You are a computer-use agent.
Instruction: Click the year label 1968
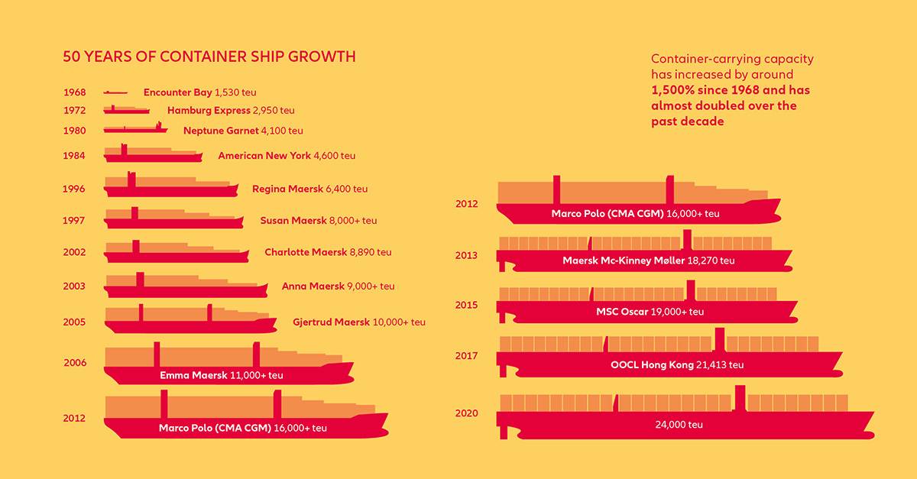coord(75,92)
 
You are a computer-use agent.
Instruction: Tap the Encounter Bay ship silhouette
coord(115,92)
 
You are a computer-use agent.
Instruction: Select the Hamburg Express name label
coord(209,111)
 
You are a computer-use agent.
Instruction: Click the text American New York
coord(264,156)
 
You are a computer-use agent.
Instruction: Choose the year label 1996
coord(75,189)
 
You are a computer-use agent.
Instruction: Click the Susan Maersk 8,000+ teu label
coord(319,221)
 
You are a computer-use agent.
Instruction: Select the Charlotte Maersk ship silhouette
coord(176,254)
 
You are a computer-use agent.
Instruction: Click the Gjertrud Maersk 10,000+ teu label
coord(359,322)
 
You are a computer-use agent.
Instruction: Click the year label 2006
coord(75,363)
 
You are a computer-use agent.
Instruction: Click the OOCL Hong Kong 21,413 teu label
coord(677,364)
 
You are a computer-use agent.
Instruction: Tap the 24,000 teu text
coord(679,424)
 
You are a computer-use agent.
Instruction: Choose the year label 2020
coord(466,413)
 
